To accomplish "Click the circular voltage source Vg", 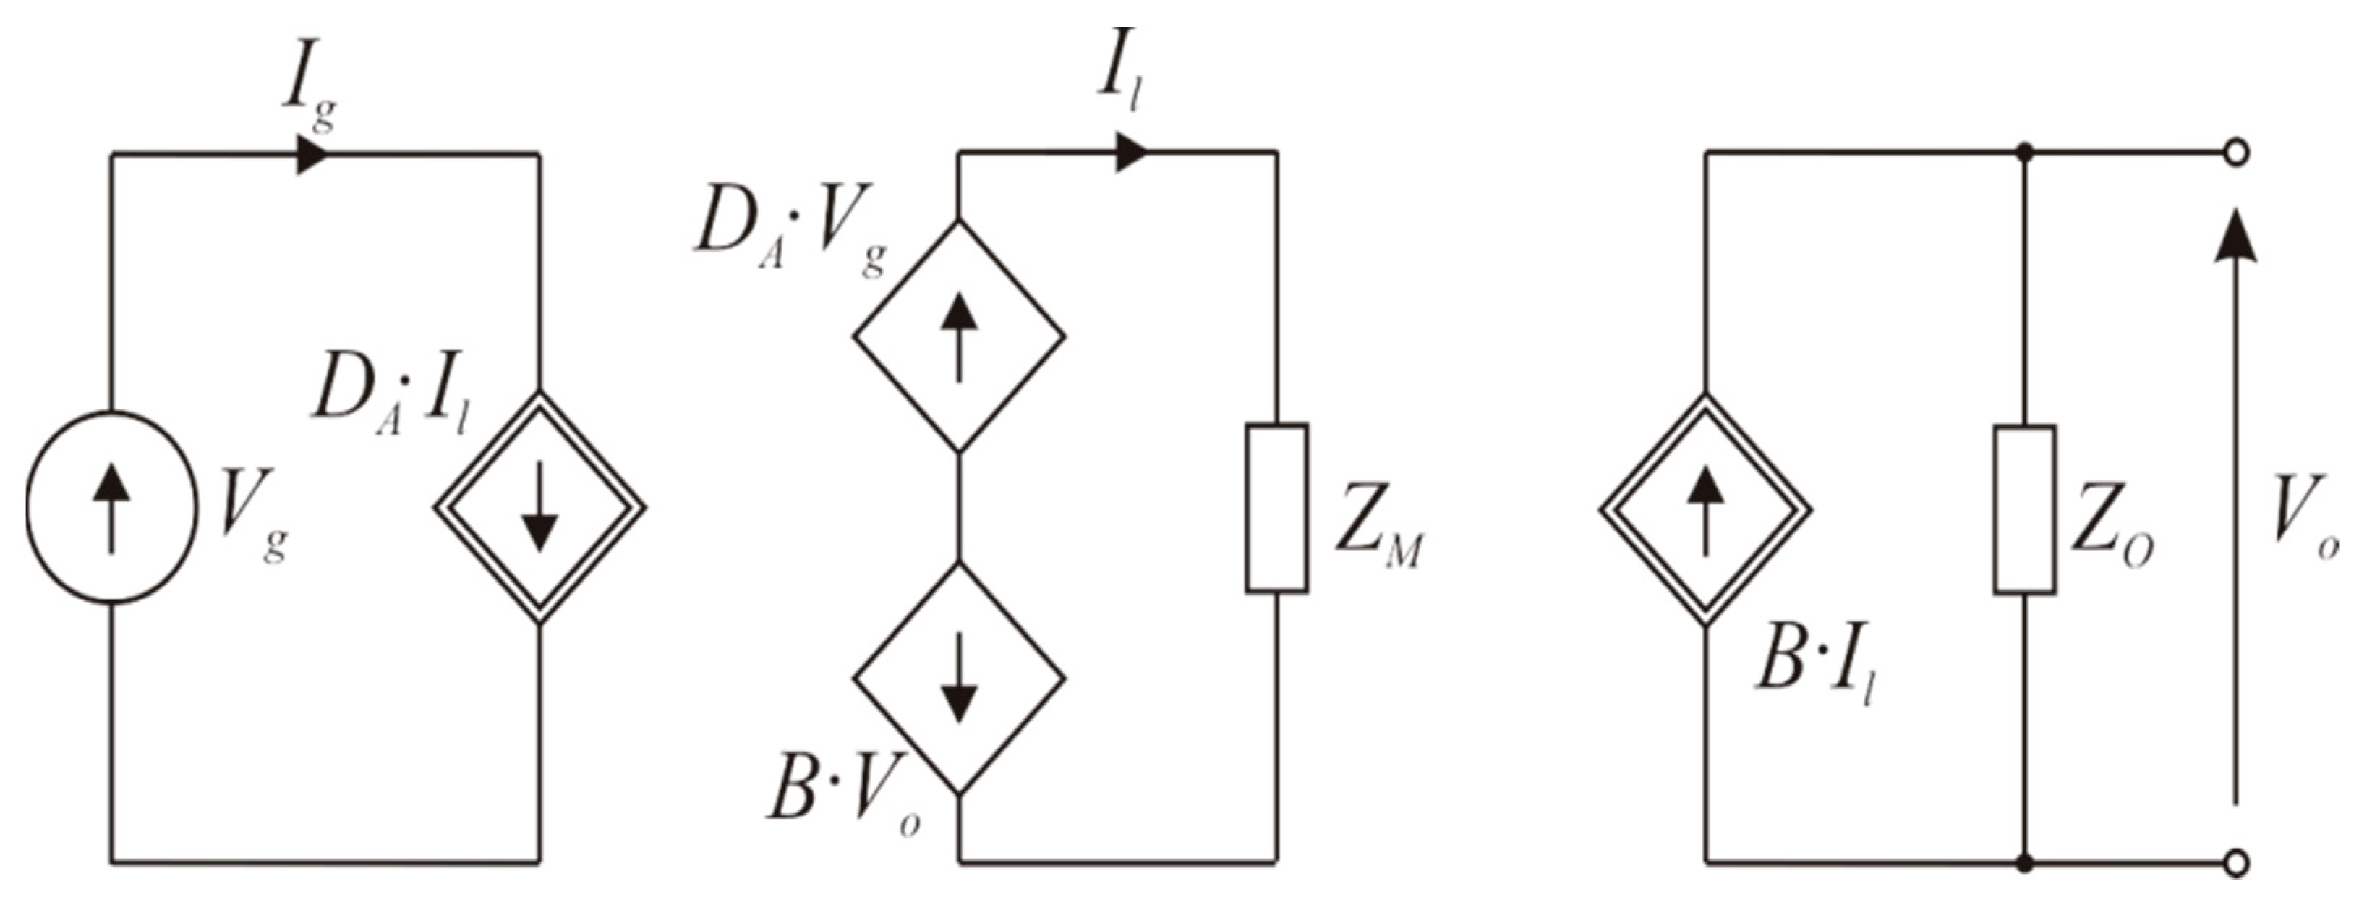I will click(111, 507).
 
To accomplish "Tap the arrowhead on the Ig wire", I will click(312, 154).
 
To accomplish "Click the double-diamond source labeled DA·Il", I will click(539, 507).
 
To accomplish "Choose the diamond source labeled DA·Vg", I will click(959, 335).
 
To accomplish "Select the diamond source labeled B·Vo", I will click(959, 678).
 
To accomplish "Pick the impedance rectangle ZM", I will click(1276, 507).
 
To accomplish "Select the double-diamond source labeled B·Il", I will click(1705, 507).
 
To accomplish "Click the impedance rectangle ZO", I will click(2025, 509).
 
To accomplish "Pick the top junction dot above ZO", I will click(2025, 153).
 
